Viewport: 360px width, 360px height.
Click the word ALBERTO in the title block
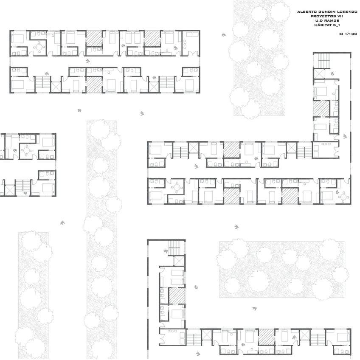click(307, 12)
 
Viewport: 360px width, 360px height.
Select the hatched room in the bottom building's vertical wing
click(177, 296)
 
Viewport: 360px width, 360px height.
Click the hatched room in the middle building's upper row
click(232, 149)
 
